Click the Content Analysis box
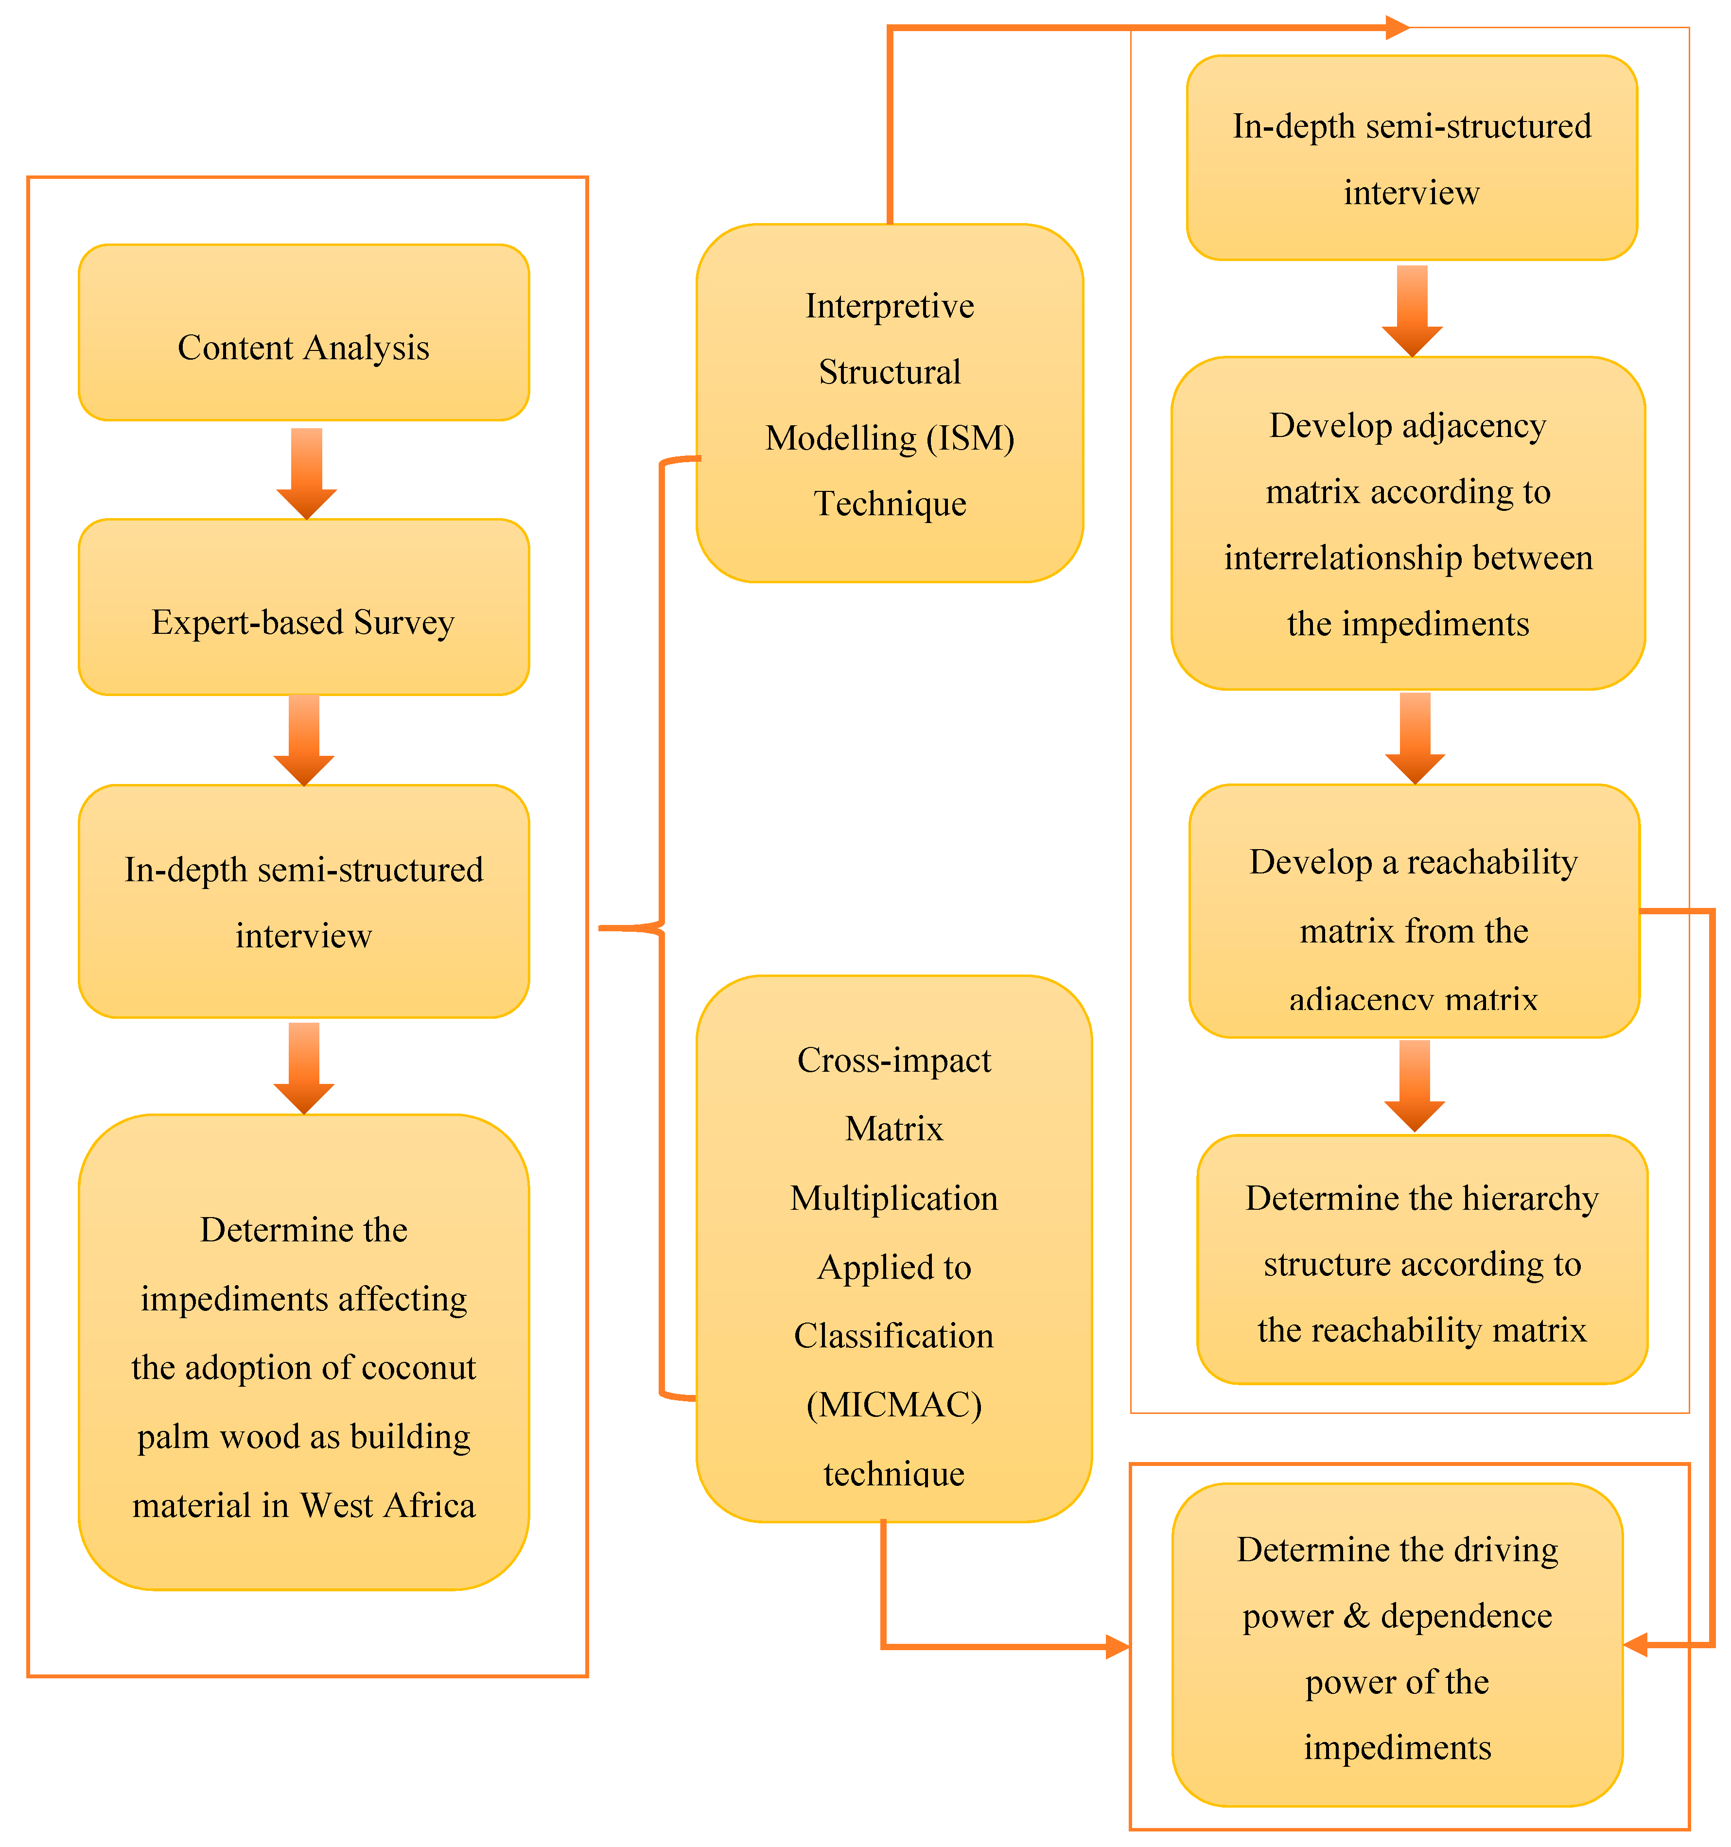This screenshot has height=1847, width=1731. coord(304,332)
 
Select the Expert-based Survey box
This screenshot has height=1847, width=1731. coord(304,607)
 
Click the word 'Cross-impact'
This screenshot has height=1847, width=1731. coord(894,1060)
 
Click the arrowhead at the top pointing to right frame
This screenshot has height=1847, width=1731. coord(1397,28)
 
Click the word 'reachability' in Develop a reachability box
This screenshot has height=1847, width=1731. coord(1492,862)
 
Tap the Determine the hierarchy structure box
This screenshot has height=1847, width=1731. coord(1421,1260)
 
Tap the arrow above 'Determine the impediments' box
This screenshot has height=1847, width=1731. coord(304,1068)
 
